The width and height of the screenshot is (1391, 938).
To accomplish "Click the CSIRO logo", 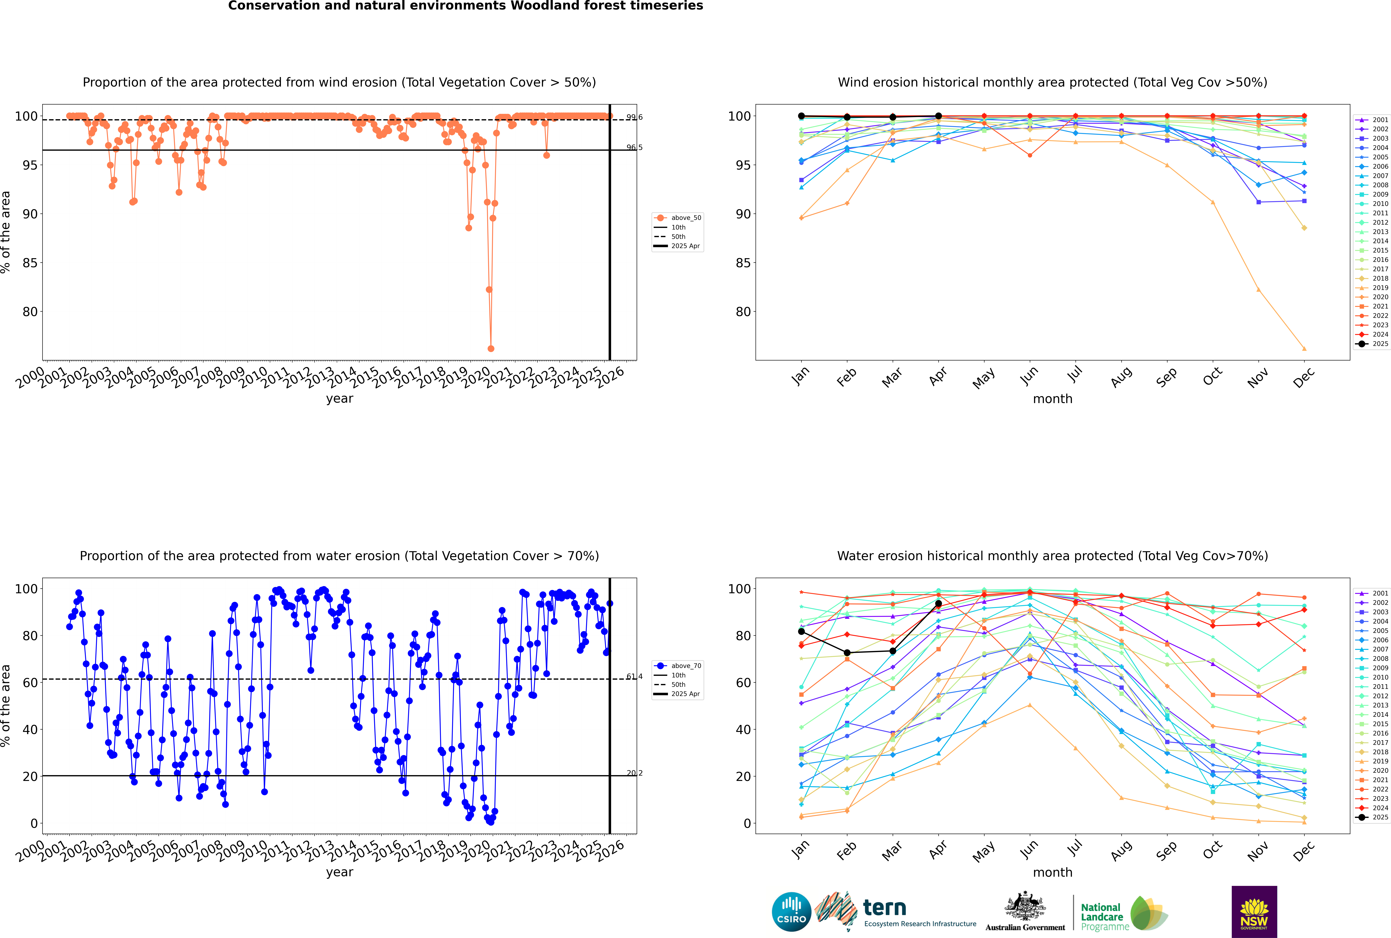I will click(x=791, y=912).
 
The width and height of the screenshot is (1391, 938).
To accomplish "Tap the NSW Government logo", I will click(x=1254, y=912).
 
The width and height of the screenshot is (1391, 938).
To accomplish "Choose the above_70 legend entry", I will click(x=678, y=666).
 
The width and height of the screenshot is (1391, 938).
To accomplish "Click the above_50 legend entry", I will click(x=678, y=218).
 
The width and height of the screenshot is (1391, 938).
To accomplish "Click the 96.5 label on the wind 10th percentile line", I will click(x=634, y=147).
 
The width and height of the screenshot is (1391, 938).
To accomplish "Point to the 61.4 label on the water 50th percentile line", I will click(x=634, y=677).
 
